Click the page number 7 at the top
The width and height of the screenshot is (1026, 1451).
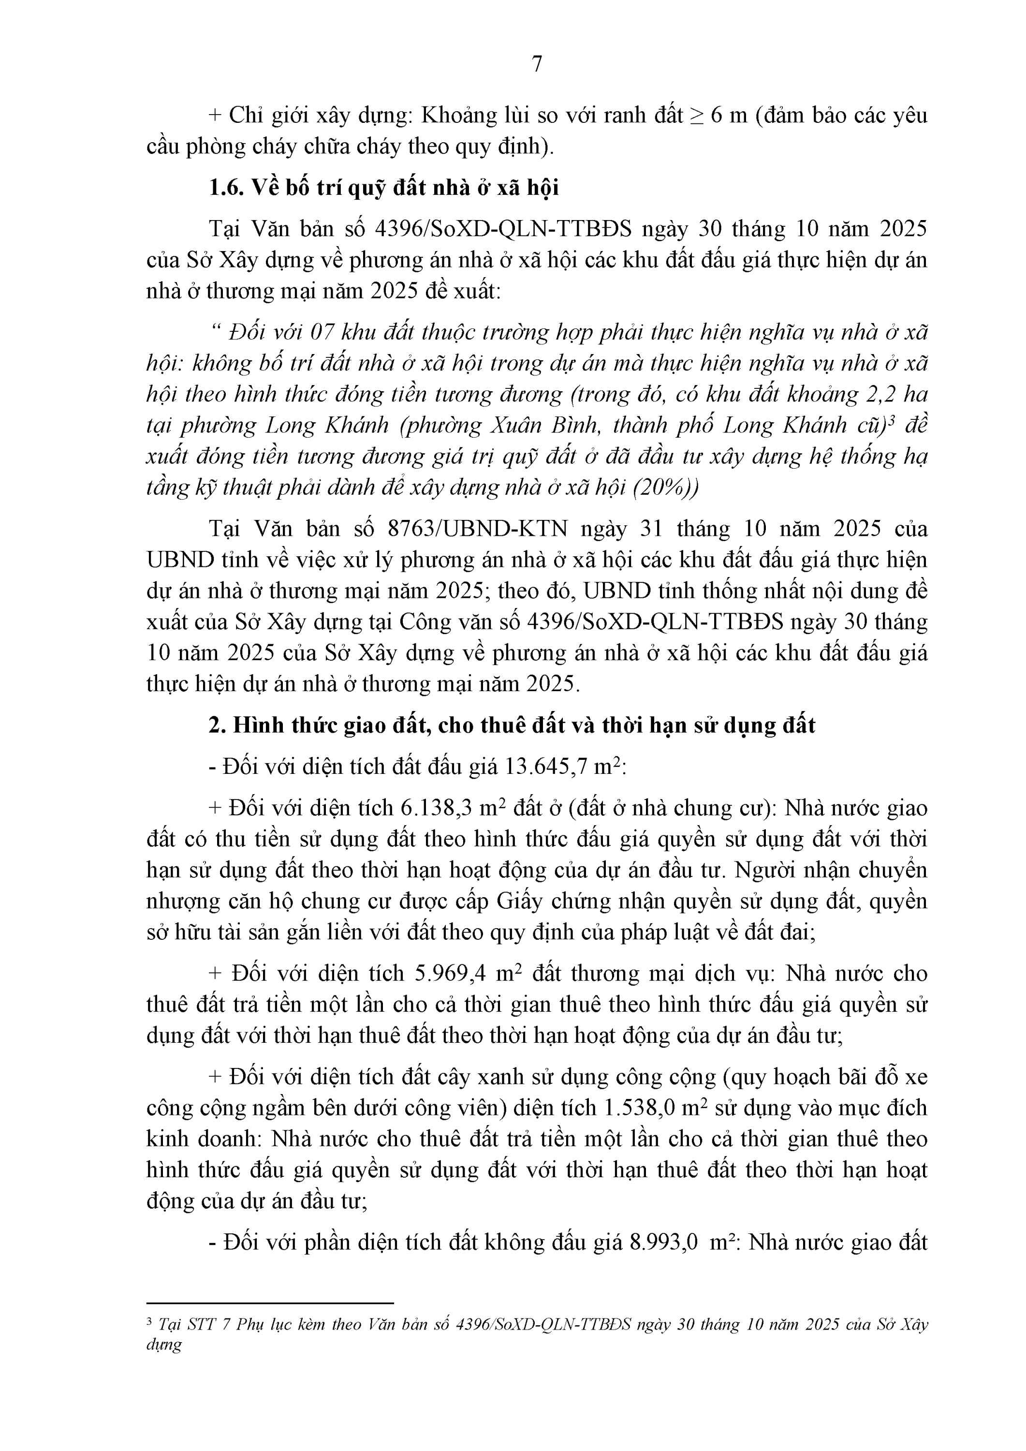pos(537,64)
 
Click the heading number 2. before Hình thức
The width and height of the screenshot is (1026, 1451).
pos(217,725)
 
